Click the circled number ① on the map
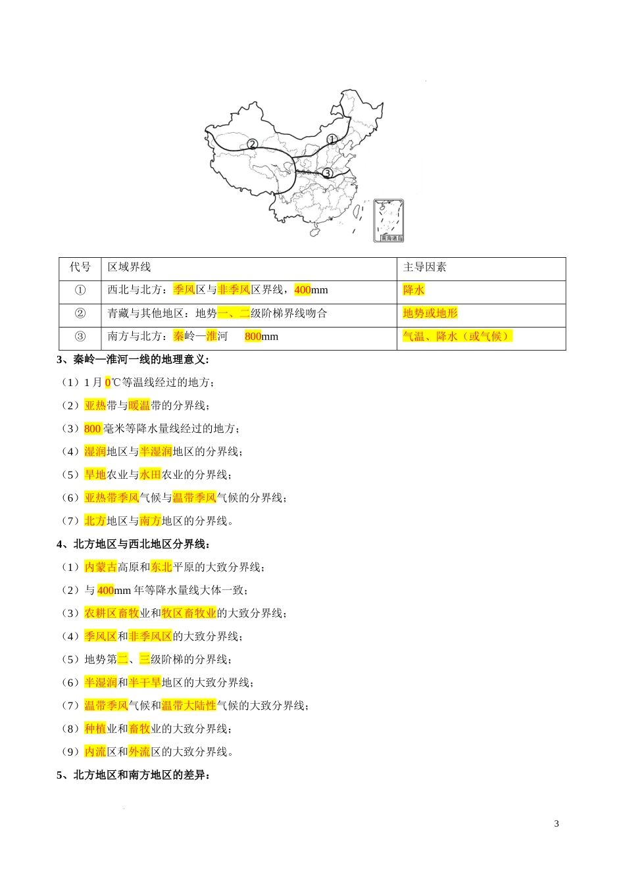(x=332, y=139)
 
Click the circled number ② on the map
(x=252, y=144)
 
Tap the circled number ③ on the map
(x=327, y=173)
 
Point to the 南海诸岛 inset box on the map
(x=388, y=220)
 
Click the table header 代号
(x=80, y=267)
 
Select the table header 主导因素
(x=424, y=267)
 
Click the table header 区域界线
(x=130, y=267)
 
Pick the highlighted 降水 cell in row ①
(x=414, y=290)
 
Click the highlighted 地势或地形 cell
(x=430, y=313)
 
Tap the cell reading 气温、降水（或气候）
(x=457, y=336)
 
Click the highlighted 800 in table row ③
(x=253, y=337)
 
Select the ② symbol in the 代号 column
(x=80, y=313)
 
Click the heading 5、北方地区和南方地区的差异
(x=133, y=775)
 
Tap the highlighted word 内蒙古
(x=101, y=567)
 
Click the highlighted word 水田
(x=150, y=475)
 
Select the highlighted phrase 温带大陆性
(x=189, y=706)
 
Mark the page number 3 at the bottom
(x=557, y=824)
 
